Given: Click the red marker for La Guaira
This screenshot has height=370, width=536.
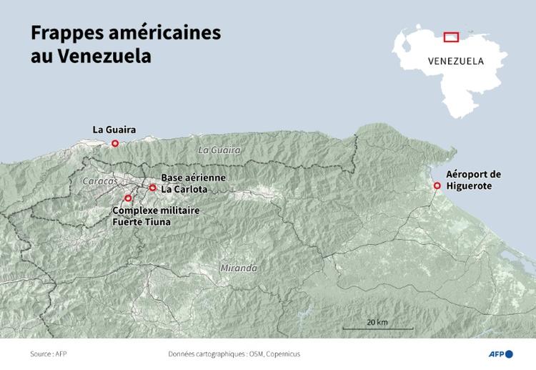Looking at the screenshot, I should point(115,143).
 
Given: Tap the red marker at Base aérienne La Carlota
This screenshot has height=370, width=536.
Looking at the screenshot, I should point(152,188).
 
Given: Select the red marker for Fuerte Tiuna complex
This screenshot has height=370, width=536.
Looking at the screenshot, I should point(128,198).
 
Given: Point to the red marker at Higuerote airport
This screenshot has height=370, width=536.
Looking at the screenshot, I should point(437,186).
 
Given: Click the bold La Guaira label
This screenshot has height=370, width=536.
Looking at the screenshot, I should point(114,130).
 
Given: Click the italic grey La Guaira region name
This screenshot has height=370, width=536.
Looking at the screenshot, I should point(219,150).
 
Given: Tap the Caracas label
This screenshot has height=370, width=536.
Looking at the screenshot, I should point(101,182).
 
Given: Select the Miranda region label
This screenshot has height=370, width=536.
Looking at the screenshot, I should point(238,268).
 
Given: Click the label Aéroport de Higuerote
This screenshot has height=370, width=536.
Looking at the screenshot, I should point(473,180).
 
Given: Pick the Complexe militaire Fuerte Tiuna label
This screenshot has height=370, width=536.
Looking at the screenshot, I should point(155,216).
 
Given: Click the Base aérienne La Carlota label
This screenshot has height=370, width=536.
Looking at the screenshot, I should point(192,183).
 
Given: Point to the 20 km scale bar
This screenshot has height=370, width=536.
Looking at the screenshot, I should point(377,328).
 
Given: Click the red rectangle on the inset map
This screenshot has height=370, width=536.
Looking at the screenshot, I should point(451,37).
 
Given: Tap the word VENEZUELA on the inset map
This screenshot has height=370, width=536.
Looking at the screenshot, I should point(455,61).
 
